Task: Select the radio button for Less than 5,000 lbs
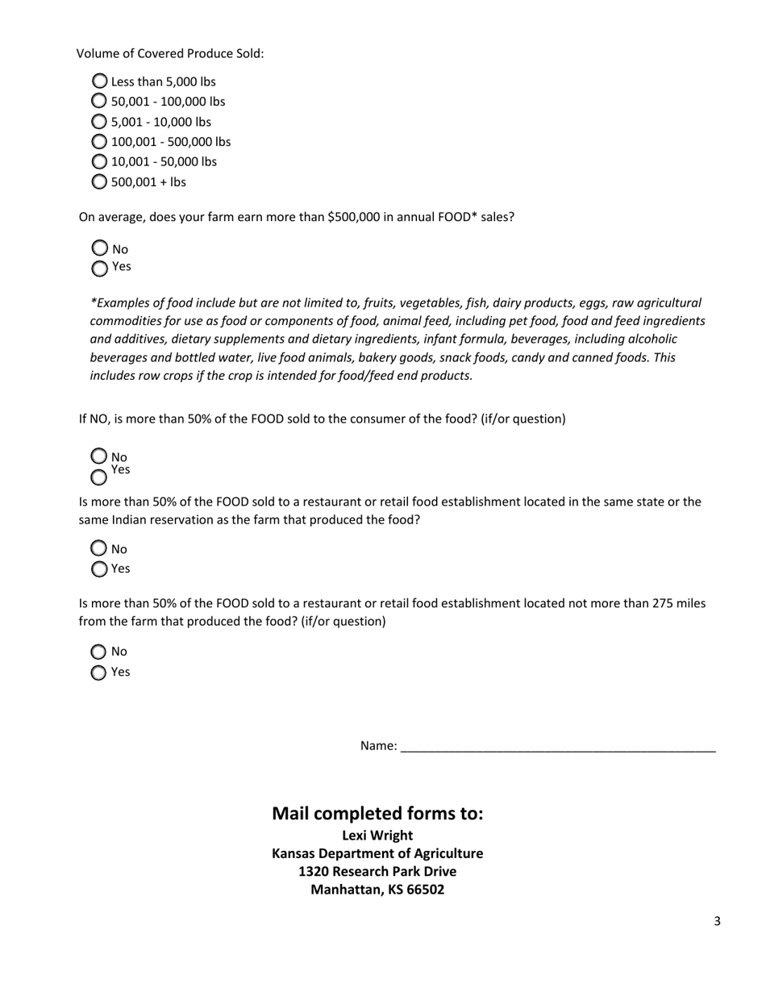tap(100, 81)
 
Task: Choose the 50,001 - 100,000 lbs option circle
tap(99, 101)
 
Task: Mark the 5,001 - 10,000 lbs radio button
tap(99, 121)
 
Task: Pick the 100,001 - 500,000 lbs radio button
tap(99, 141)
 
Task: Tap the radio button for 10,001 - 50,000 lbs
tap(99, 161)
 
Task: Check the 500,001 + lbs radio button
tap(99, 181)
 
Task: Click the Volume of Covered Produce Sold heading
tap(170, 54)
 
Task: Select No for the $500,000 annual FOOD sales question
tap(100, 248)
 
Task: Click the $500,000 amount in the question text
tap(353, 217)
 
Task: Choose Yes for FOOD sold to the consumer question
tap(99, 477)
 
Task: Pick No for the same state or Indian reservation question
tap(99, 548)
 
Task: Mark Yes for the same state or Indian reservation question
tap(99, 569)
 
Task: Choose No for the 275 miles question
tap(98, 652)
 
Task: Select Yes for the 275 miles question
tap(98, 673)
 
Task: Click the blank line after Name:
tap(557, 747)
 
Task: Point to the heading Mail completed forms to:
tap(377, 813)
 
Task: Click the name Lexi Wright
tap(377, 836)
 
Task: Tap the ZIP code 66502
tap(425, 890)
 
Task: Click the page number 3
tap(717, 921)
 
